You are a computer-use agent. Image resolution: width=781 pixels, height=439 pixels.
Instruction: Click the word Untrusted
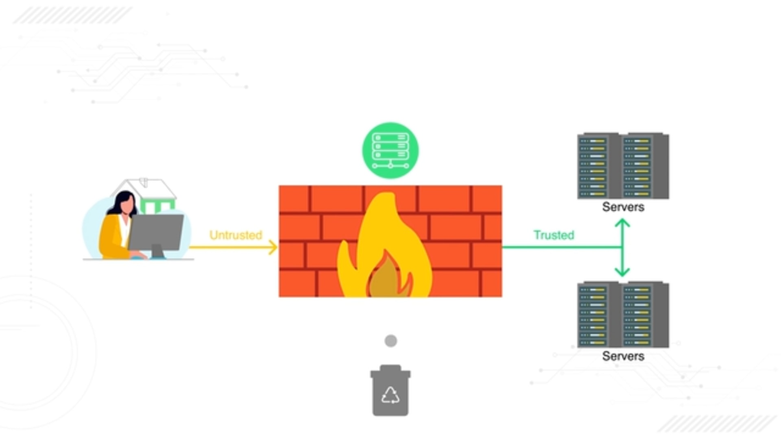coord(236,235)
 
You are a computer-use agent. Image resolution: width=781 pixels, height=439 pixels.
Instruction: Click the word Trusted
coord(554,235)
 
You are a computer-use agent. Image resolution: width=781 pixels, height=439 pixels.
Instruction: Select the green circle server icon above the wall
coord(390,150)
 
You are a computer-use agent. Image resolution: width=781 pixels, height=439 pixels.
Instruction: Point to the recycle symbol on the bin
coord(390,395)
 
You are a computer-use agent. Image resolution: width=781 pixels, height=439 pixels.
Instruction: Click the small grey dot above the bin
coord(391,341)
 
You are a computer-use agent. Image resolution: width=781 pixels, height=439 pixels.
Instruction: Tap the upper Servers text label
coord(623,207)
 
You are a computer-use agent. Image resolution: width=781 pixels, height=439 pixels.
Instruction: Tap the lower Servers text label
coord(623,356)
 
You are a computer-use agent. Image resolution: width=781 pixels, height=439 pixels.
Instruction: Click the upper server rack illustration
coord(623,166)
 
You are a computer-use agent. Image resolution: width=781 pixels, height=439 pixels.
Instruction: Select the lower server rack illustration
coord(623,315)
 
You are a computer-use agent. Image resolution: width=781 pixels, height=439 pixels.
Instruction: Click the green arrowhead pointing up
coord(622,223)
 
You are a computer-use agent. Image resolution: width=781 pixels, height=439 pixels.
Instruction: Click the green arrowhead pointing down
coord(622,272)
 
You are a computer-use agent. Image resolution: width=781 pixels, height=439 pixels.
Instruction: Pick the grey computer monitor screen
coord(156,232)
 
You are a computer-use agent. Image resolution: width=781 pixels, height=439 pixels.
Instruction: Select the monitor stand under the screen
coord(157,252)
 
